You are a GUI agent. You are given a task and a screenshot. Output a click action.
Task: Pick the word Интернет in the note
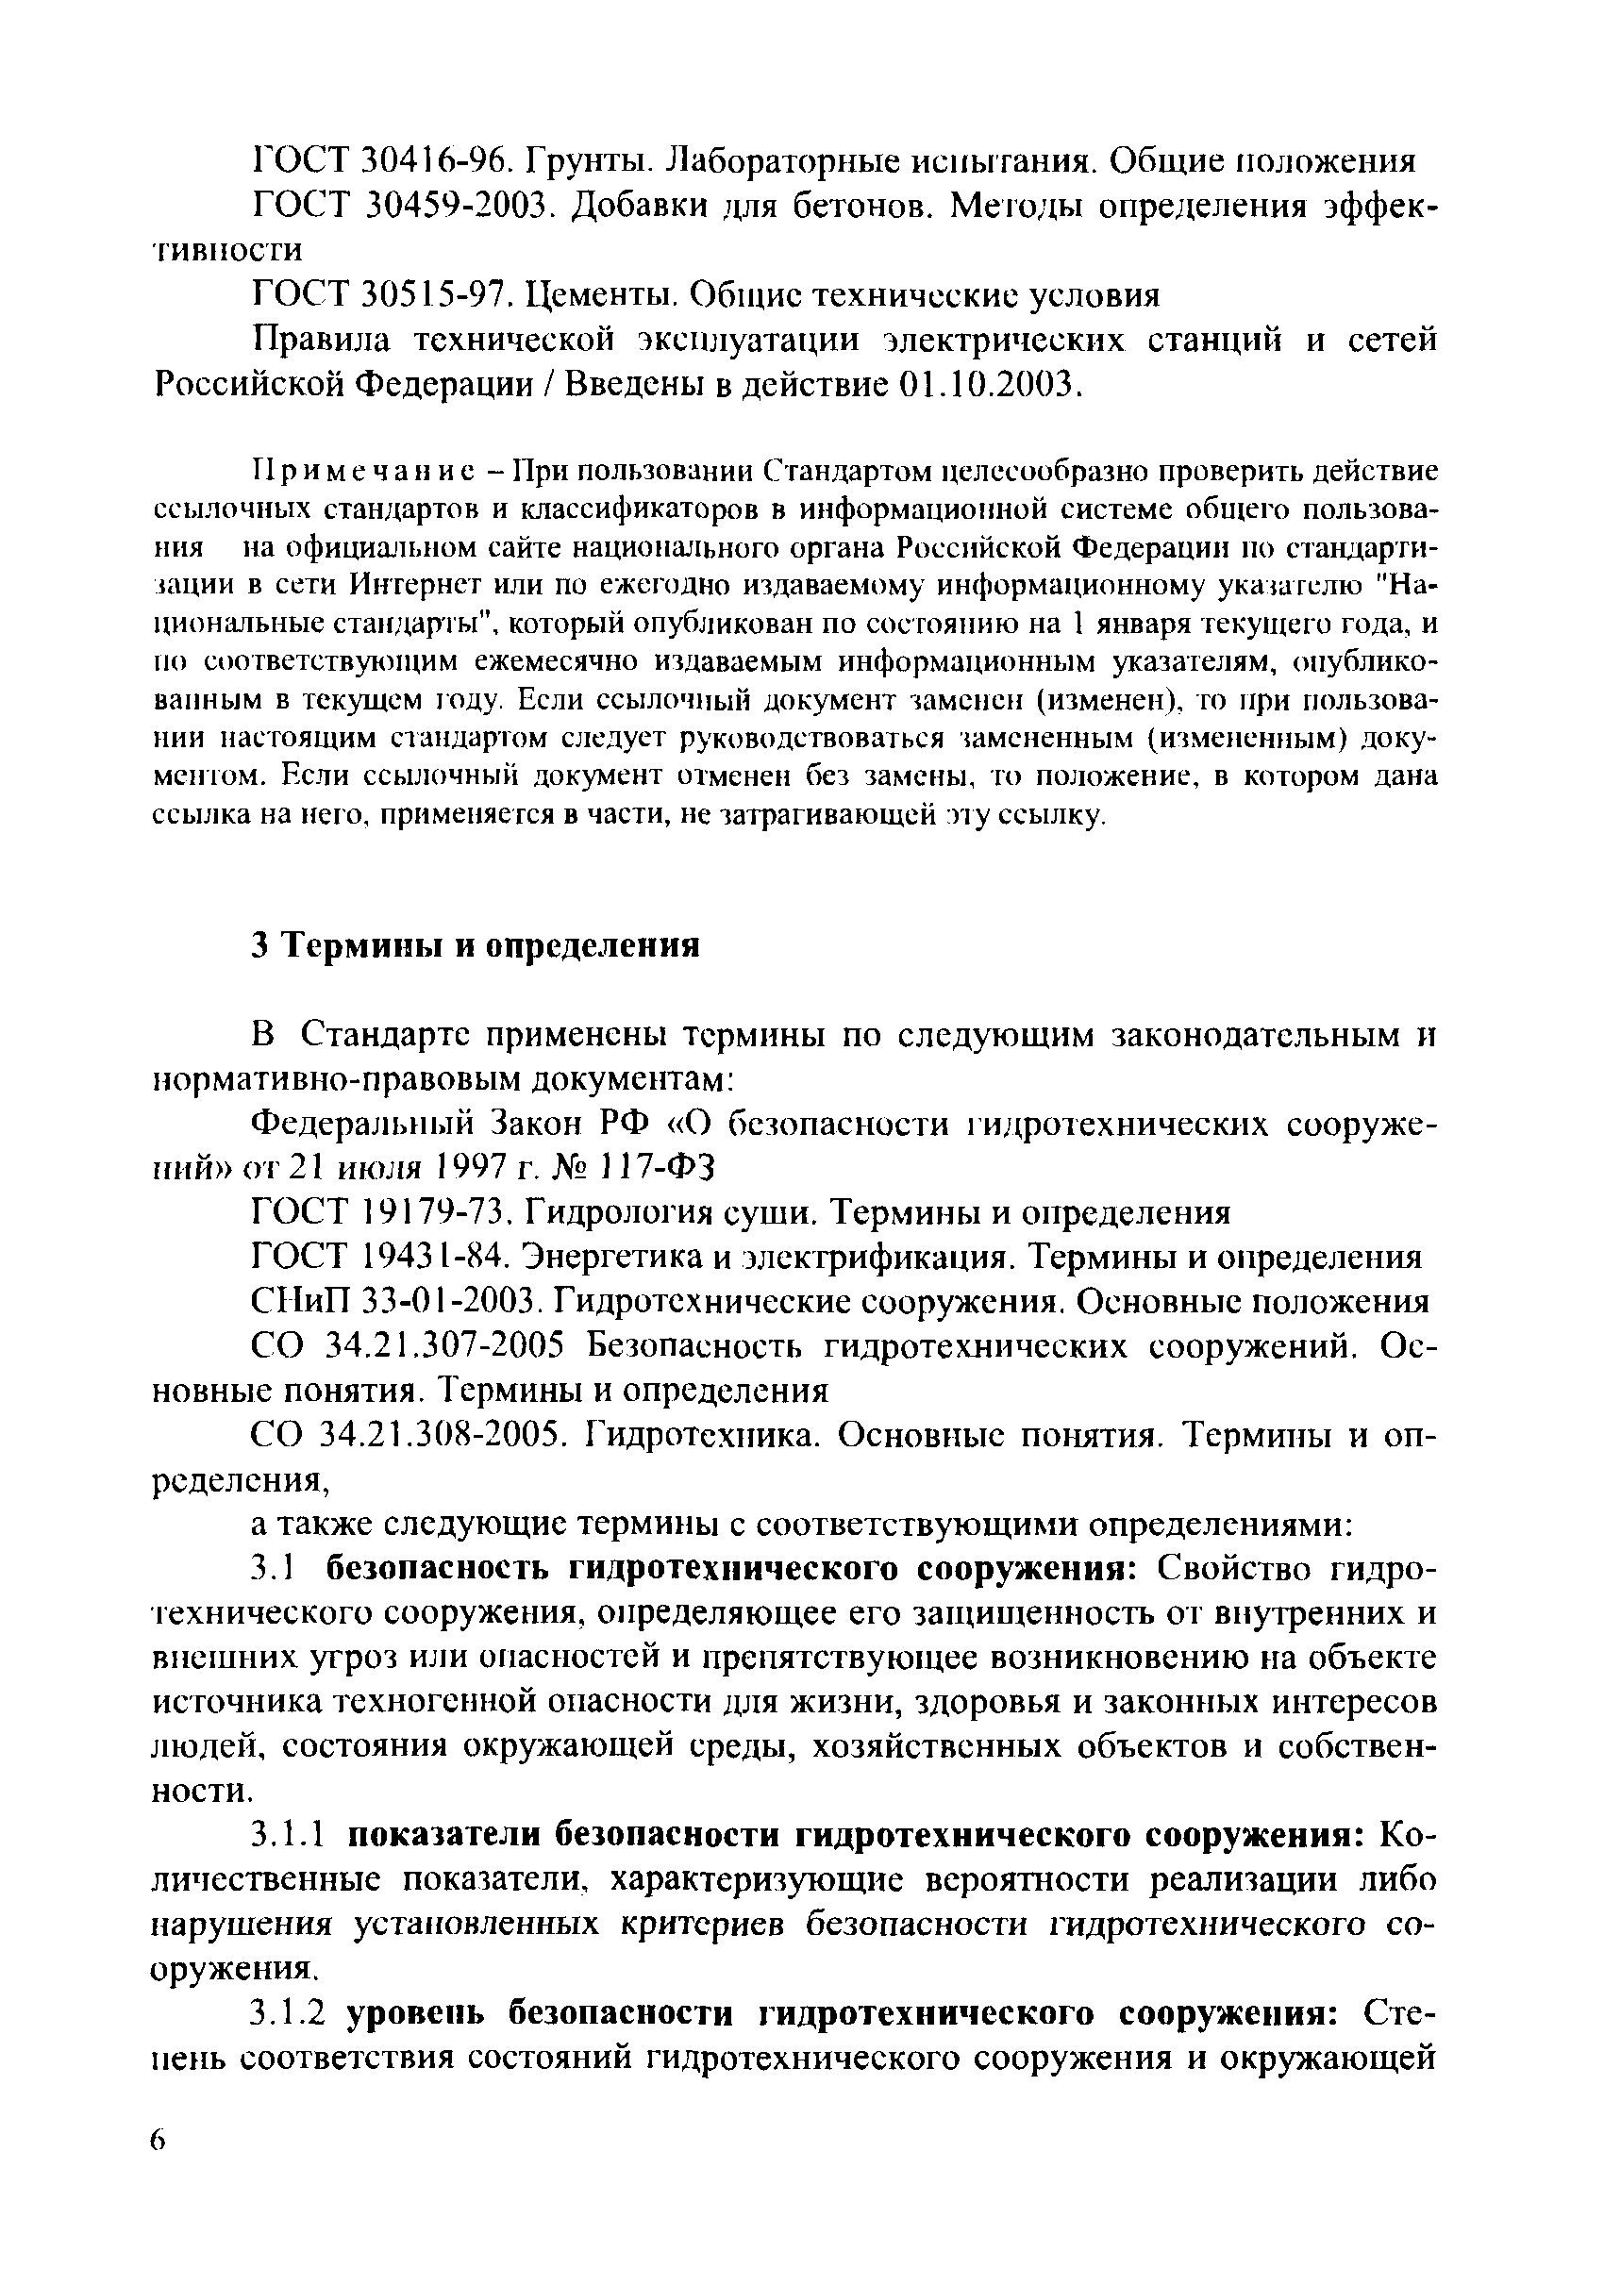coord(409,585)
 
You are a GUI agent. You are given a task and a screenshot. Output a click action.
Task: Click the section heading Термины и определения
coord(488,945)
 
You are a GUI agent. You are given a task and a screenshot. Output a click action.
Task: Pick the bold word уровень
coord(417,2014)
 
